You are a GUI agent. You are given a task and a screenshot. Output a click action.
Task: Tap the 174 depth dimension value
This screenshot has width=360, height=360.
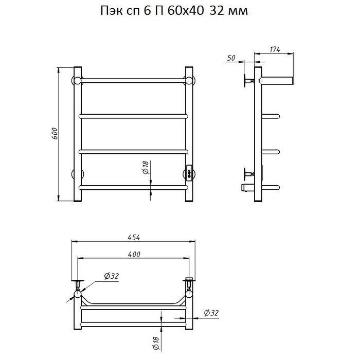(275, 49)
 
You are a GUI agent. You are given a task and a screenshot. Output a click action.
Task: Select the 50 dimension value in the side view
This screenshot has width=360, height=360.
(231, 58)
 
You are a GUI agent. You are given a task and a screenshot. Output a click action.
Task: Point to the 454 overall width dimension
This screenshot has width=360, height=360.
(134, 238)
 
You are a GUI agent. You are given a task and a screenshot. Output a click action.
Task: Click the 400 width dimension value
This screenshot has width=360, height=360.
(134, 255)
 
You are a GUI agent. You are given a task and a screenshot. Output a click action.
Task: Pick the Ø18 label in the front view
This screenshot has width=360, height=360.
(146, 167)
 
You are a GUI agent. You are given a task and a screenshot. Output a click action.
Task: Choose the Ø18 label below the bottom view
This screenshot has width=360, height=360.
(156, 344)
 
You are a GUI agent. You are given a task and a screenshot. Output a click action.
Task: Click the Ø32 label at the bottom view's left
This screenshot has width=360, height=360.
(112, 276)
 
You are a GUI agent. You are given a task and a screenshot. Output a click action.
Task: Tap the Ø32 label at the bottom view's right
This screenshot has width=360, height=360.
(211, 313)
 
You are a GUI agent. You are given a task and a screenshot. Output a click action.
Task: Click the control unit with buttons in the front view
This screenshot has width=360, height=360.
(189, 173)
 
